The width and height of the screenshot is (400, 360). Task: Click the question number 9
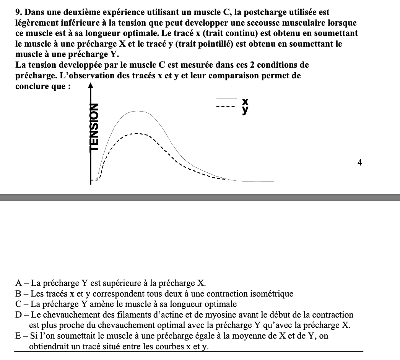click(17, 13)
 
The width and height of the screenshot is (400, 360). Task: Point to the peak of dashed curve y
click(136, 133)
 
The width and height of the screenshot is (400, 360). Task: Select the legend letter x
click(245, 101)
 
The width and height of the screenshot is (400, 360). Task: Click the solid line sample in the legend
click(224, 99)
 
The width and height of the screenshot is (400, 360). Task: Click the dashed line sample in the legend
click(224, 107)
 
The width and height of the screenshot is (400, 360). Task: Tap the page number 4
click(359, 163)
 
